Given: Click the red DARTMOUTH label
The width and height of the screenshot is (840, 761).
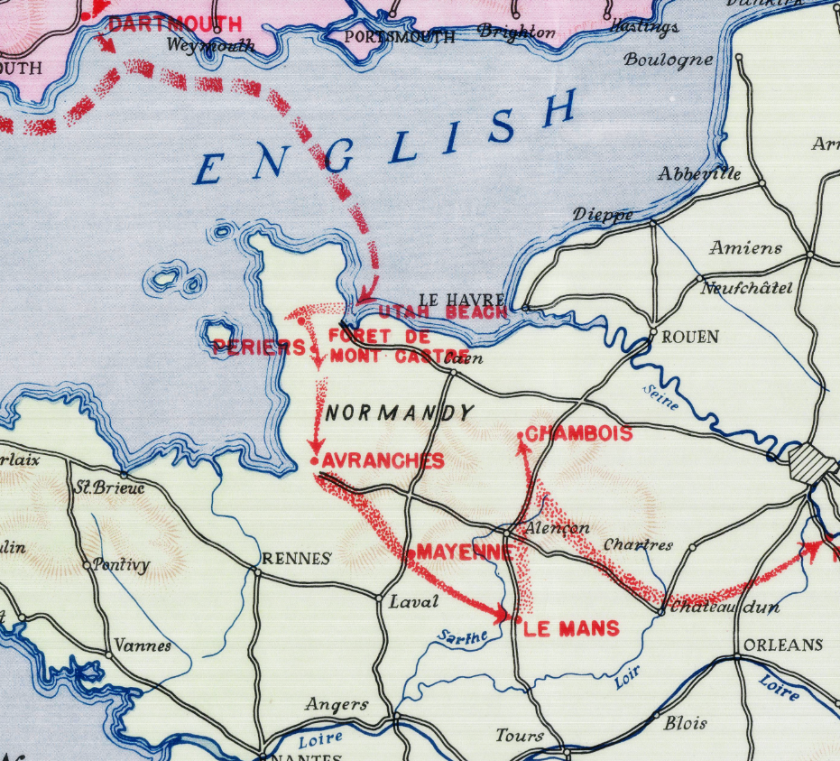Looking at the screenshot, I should click(x=175, y=24).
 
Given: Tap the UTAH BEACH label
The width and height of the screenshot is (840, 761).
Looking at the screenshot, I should click(x=442, y=312).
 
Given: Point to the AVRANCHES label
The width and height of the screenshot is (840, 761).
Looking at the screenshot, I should click(x=383, y=461).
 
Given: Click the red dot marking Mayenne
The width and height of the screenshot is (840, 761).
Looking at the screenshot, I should click(x=411, y=552).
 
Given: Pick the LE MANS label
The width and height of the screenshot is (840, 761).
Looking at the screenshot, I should click(x=571, y=628).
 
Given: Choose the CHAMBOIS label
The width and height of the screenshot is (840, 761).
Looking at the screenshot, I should click(x=578, y=434).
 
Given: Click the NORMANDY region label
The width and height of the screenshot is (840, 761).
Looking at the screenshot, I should click(x=400, y=413).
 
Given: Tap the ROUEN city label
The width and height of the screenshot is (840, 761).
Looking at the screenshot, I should click(x=690, y=337).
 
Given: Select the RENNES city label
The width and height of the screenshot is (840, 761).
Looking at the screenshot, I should click(x=296, y=559).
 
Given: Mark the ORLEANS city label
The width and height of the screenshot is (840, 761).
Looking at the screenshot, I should click(x=783, y=645).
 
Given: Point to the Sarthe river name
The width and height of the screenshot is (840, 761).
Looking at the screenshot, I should click(x=463, y=636).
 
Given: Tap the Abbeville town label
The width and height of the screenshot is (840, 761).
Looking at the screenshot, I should click(x=699, y=173).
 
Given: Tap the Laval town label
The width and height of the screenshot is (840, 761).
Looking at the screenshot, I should click(x=413, y=601).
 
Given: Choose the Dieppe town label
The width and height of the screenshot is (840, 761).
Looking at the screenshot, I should click(x=602, y=215).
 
